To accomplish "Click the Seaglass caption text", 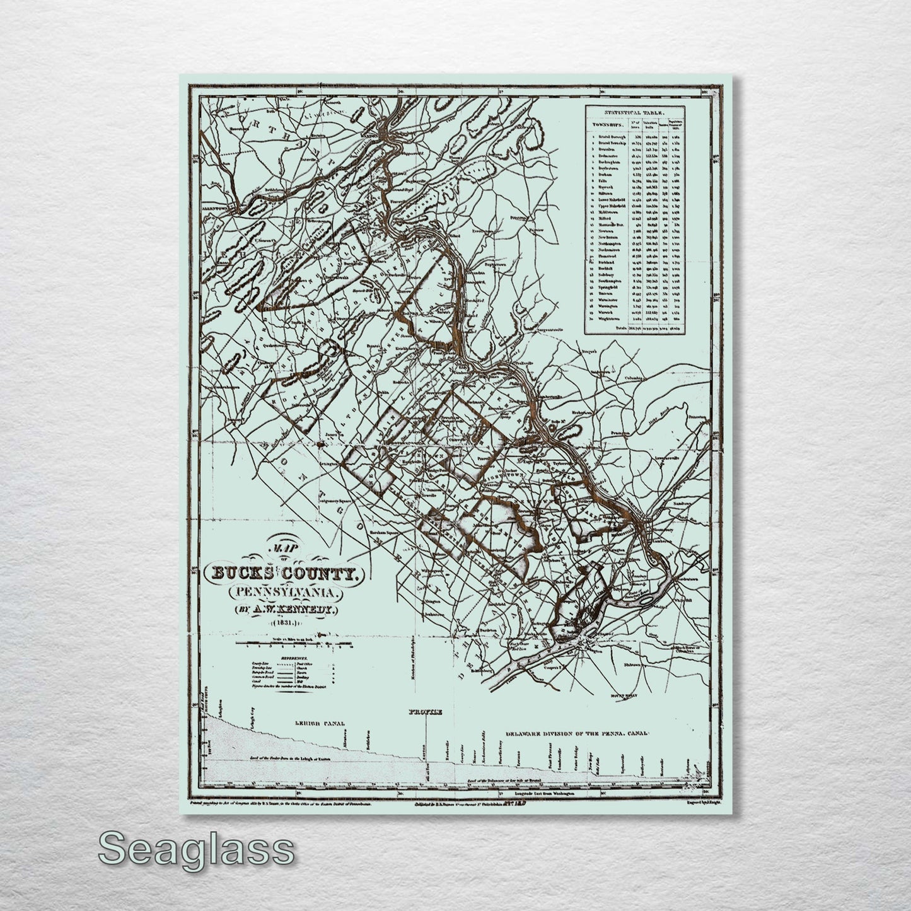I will (x=195, y=849).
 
